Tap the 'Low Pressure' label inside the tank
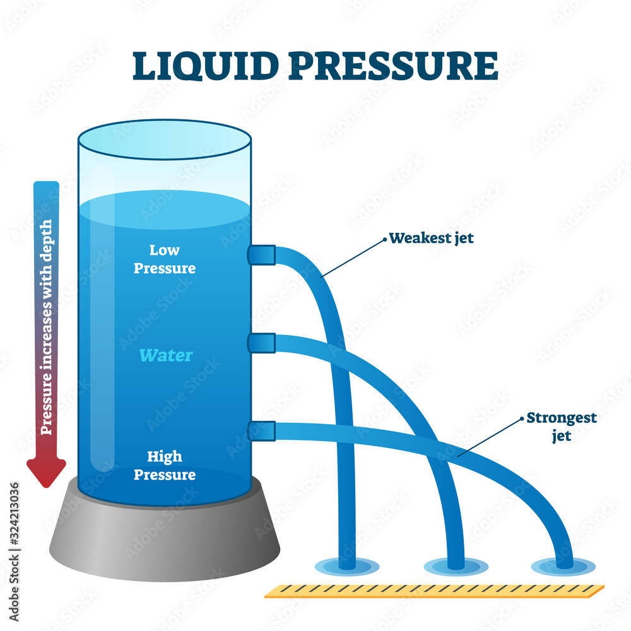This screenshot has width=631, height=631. [x=164, y=259]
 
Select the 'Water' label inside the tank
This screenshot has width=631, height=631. [x=165, y=355]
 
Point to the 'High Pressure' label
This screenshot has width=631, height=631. [x=164, y=465]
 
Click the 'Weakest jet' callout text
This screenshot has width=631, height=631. [x=431, y=238]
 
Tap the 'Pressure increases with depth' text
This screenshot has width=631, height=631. [x=47, y=327]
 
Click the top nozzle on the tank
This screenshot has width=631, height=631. [x=261, y=255]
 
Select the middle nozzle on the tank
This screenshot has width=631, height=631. [x=261, y=343]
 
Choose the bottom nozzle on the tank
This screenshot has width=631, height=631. [x=261, y=431]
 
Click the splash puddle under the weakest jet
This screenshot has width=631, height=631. [x=346, y=565]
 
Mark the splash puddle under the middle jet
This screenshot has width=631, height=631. [x=456, y=566]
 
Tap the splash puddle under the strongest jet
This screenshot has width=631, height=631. [x=563, y=566]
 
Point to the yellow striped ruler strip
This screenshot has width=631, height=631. [x=434, y=591]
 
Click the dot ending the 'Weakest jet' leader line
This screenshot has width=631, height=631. [x=384, y=240]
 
